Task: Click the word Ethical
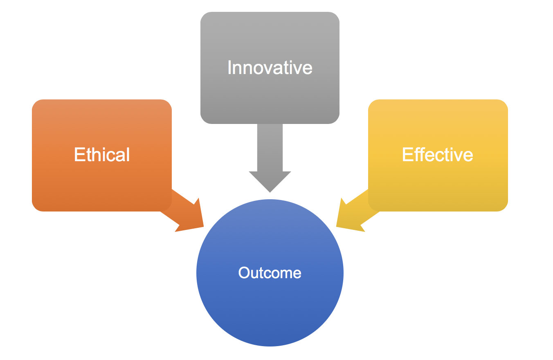pos(102,155)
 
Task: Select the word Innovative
pos(270,67)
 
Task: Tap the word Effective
pos(438,155)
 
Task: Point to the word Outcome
pos(270,272)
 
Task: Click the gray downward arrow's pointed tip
pos(270,192)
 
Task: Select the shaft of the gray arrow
pos(270,147)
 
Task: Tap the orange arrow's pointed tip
pos(204,226)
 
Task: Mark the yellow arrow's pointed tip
pos(336,226)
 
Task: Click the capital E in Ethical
pos(79,155)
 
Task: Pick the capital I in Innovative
pos(229,67)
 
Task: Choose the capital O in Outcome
pos(245,272)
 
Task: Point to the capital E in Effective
pos(407,155)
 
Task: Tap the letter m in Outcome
pos(285,274)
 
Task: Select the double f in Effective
pos(419,154)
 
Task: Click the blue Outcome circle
pos(270,272)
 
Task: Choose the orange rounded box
pos(102,155)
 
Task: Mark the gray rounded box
pos(270,67)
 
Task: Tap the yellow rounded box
pos(438,155)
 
